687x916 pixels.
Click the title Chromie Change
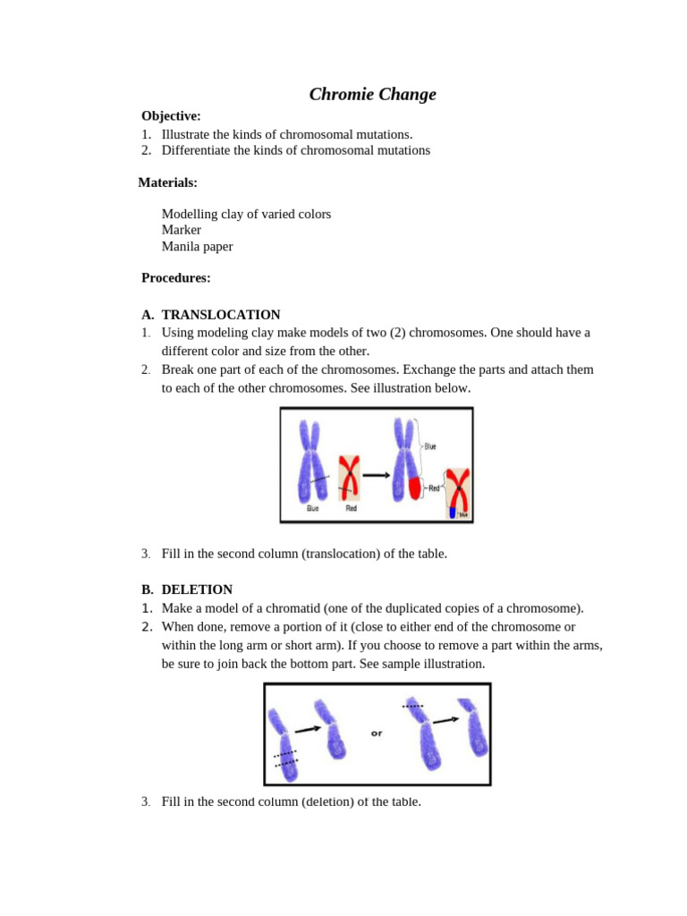372,94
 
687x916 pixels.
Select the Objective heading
171,115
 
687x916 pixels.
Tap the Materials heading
167,182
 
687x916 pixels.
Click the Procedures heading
175,277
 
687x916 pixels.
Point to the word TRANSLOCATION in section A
220,315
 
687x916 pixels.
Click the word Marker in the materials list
181,230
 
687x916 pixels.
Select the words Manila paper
197,246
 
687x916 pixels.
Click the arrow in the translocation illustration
376,475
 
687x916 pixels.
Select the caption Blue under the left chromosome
312,508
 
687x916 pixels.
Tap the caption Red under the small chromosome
351,508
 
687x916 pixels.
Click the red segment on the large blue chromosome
414,488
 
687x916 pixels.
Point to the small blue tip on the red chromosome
453,513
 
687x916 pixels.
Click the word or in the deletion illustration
377,734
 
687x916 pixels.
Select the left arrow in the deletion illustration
308,729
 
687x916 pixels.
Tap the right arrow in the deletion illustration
445,719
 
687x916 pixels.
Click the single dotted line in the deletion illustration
412,706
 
